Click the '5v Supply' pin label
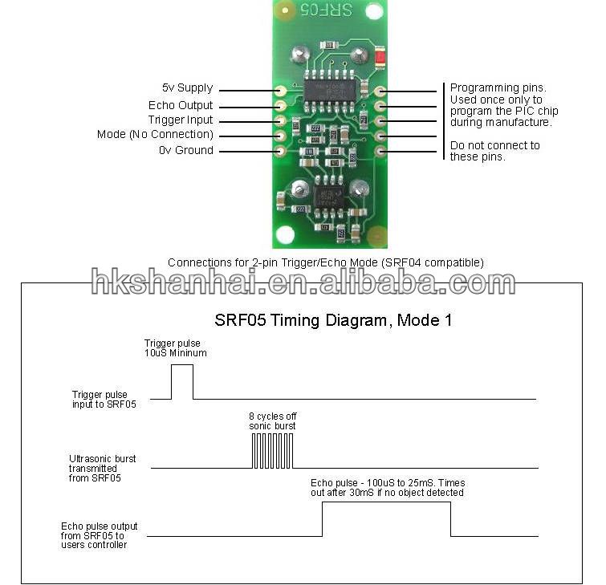coord(188,88)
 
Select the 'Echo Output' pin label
coord(181,105)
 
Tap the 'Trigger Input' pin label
coord(181,120)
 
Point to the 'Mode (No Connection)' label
coord(155,135)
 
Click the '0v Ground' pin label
coord(186,150)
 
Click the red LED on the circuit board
coord(380,58)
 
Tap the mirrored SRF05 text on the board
coord(327,10)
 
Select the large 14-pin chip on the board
coord(330,91)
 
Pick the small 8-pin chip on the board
coord(329,196)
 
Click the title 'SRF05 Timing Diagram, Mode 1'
coord(333,320)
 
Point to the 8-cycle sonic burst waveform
coord(272,450)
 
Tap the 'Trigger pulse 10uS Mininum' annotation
coord(176,348)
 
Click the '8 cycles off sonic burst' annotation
coord(272,421)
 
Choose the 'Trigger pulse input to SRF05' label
coord(104,400)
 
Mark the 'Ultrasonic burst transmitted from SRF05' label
coord(103,469)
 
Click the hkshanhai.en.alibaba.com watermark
coord(303,281)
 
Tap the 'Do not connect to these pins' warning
coord(494,151)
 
